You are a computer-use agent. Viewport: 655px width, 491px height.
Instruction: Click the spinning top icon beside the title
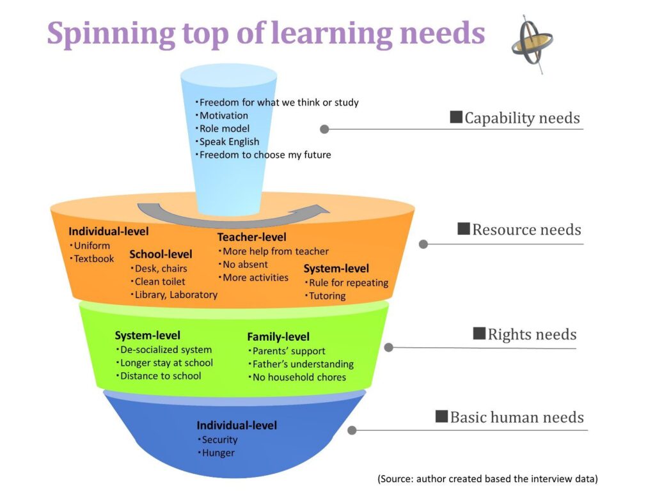pyautogui.click(x=532, y=43)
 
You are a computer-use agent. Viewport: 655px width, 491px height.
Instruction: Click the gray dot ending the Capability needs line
pyautogui.click(x=324, y=129)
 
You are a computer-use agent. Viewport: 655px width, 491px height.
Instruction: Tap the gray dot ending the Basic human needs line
pyautogui.click(x=352, y=430)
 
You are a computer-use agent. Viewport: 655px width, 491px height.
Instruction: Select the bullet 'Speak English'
pyautogui.click(x=227, y=141)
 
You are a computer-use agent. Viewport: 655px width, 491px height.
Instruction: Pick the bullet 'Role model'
pyautogui.click(x=222, y=129)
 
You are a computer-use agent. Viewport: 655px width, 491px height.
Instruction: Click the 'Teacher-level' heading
pyautogui.click(x=251, y=237)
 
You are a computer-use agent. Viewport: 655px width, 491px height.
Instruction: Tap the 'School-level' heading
pyautogui.click(x=161, y=254)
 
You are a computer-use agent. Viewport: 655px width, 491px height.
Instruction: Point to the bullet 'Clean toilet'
pyautogui.click(x=157, y=281)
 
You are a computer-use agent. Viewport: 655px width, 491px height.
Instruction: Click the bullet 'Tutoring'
pyautogui.click(x=325, y=295)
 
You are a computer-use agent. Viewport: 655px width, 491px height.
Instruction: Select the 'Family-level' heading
pyautogui.click(x=278, y=336)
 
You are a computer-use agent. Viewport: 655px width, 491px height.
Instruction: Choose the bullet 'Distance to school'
pyautogui.click(x=159, y=376)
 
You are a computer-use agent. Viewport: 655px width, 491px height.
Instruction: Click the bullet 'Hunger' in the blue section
pyautogui.click(x=216, y=453)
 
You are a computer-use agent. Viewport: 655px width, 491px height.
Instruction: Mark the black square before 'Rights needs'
pyautogui.click(x=479, y=334)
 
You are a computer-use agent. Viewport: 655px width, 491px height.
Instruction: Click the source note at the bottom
pyautogui.click(x=487, y=478)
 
